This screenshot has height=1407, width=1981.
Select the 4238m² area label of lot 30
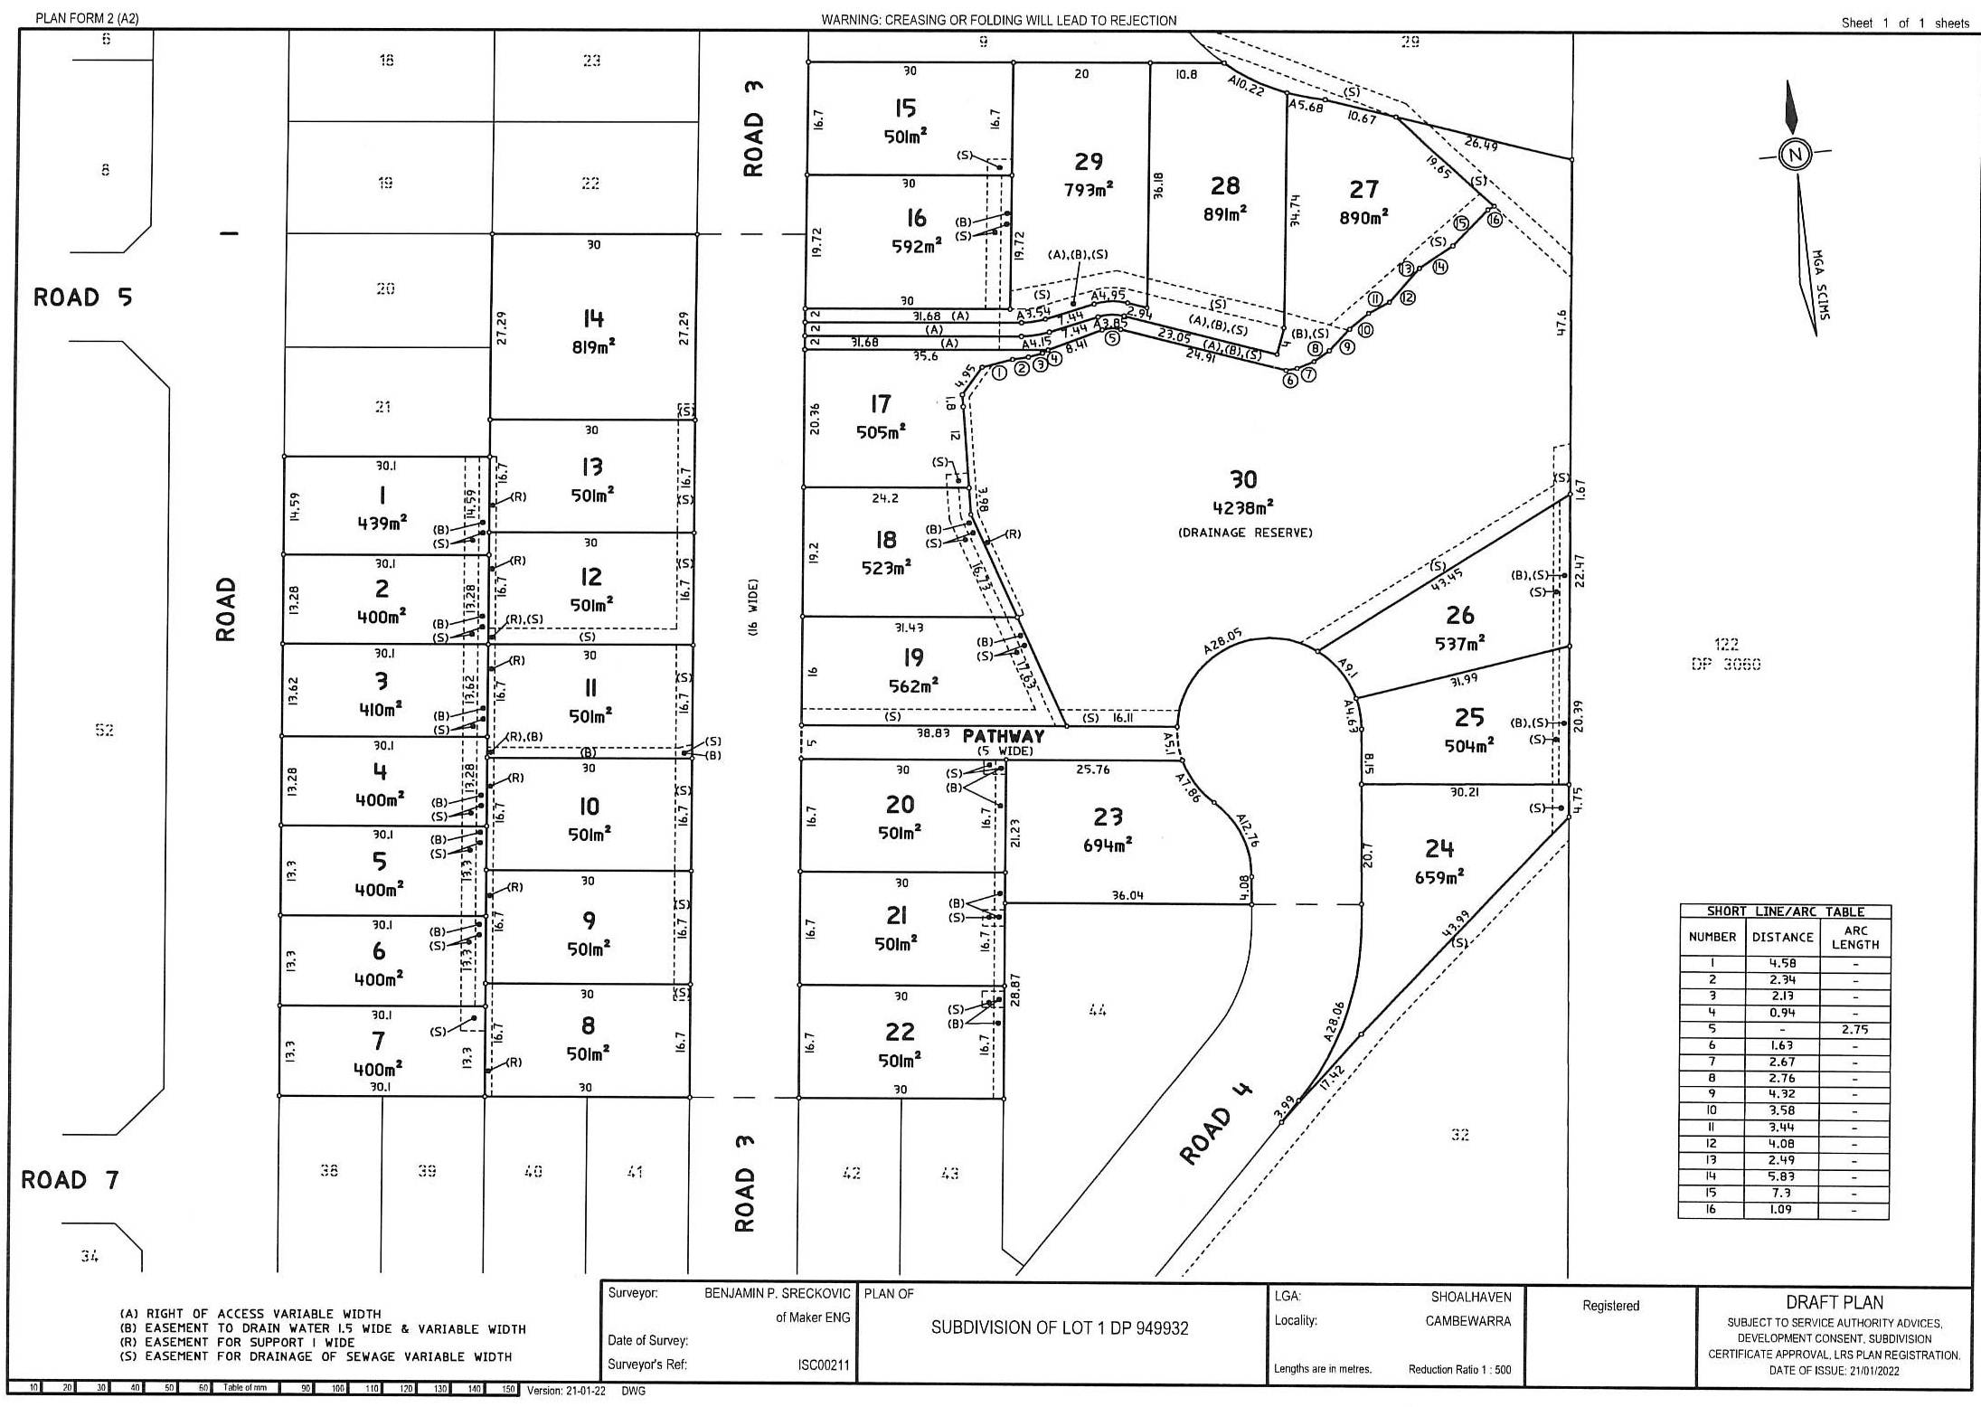click(x=1243, y=508)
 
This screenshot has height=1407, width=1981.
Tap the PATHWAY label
click(x=1003, y=736)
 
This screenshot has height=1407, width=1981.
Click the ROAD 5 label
click(x=82, y=297)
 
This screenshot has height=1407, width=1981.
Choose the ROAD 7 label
click(x=70, y=1179)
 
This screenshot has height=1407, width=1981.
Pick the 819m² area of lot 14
click(x=593, y=346)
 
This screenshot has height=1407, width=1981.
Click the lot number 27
click(x=1363, y=190)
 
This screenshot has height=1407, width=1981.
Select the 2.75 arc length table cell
click(x=1854, y=1029)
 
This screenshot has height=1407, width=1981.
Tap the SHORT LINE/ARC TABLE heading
click(x=1785, y=911)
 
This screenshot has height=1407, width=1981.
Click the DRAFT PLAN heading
click(x=1834, y=1303)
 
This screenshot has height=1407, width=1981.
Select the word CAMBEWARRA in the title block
click(x=1467, y=1321)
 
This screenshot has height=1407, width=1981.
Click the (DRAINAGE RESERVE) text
click(x=1245, y=533)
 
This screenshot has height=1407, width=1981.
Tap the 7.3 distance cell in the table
click(x=1782, y=1193)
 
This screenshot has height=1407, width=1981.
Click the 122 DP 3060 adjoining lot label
click(x=1726, y=654)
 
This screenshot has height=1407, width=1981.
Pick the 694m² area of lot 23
click(x=1108, y=845)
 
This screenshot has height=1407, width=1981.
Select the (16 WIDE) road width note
click(x=753, y=607)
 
